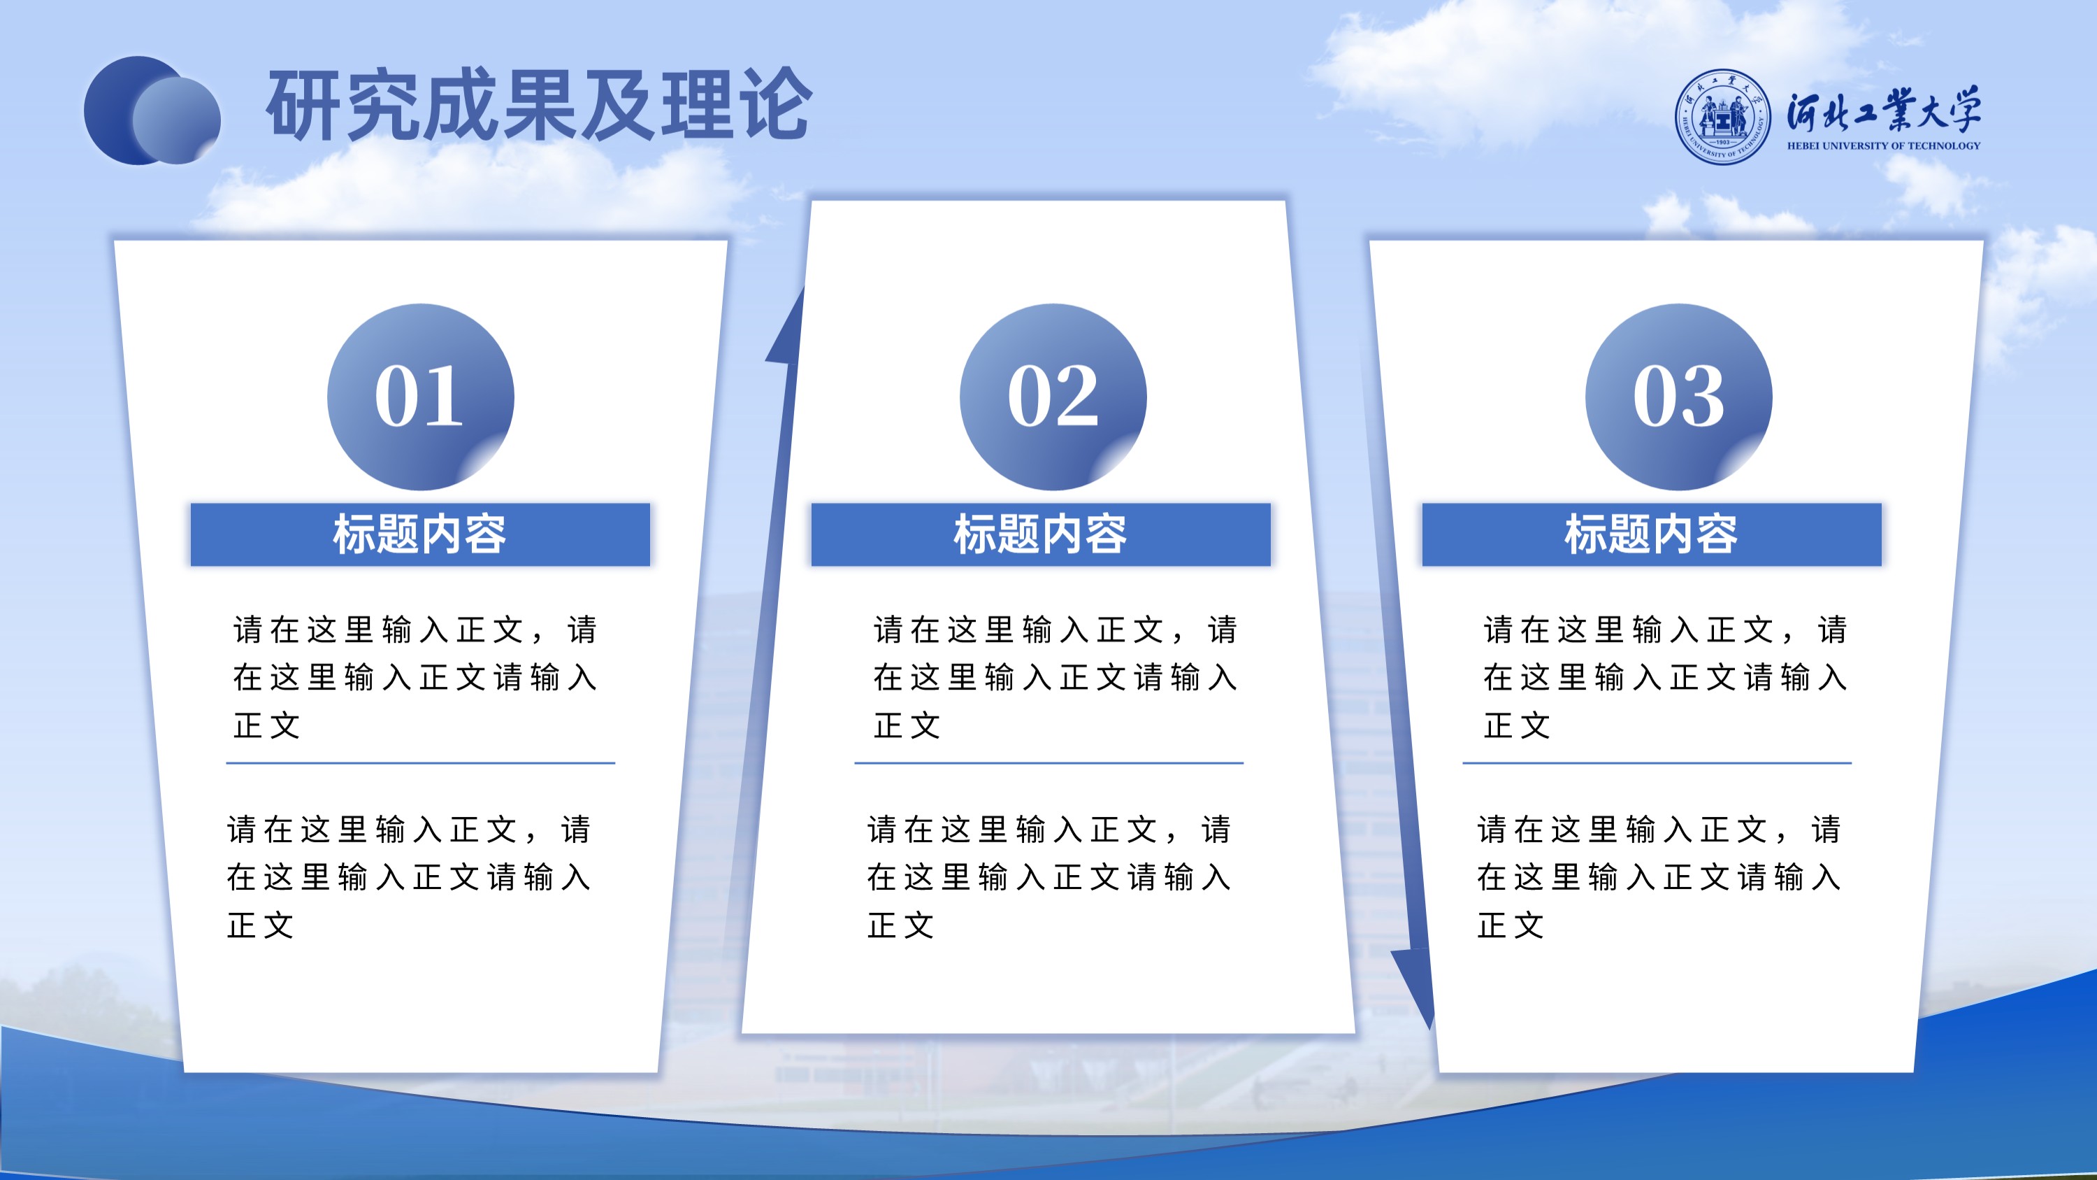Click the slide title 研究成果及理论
click(539, 105)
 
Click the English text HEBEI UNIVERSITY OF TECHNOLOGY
click(1884, 145)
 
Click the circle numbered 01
click(420, 397)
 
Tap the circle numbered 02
click(1053, 397)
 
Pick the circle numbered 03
click(1678, 397)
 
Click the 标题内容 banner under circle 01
click(420, 534)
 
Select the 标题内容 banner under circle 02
click(1040, 534)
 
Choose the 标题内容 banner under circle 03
click(1652, 534)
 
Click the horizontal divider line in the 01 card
click(420, 763)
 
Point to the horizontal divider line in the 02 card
click(1048, 763)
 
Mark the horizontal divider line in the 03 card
click(1657, 763)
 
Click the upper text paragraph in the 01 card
click(415, 676)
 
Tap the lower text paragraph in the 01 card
click(409, 877)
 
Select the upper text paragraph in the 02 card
click(1055, 676)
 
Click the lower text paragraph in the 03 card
click(1659, 877)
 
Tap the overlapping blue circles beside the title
click(152, 111)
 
